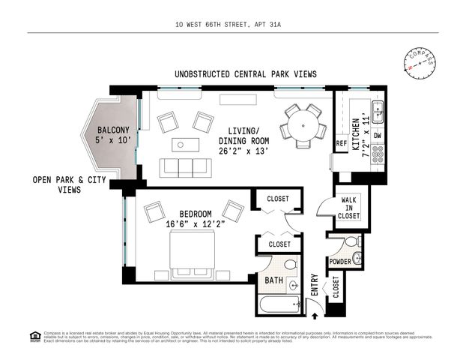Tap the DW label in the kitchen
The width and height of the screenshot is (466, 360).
378,136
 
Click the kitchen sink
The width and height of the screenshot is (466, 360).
378,112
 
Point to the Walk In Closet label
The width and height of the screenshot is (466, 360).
349,208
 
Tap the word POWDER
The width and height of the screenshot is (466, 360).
339,261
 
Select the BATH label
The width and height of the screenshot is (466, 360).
272,281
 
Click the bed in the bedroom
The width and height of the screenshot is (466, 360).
196,252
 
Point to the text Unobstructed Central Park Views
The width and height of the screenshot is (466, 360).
245,74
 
